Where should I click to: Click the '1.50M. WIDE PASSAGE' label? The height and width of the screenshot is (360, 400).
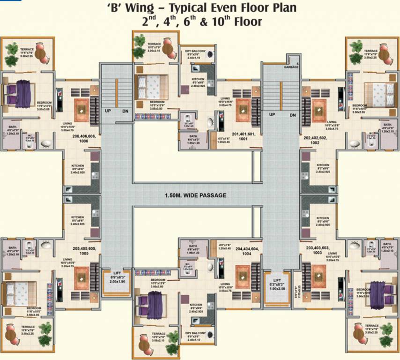tap(195, 195)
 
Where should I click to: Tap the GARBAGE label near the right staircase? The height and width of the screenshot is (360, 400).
tap(291, 67)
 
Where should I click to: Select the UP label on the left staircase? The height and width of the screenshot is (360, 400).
tap(108, 111)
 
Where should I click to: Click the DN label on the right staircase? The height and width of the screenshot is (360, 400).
tap(293, 115)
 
